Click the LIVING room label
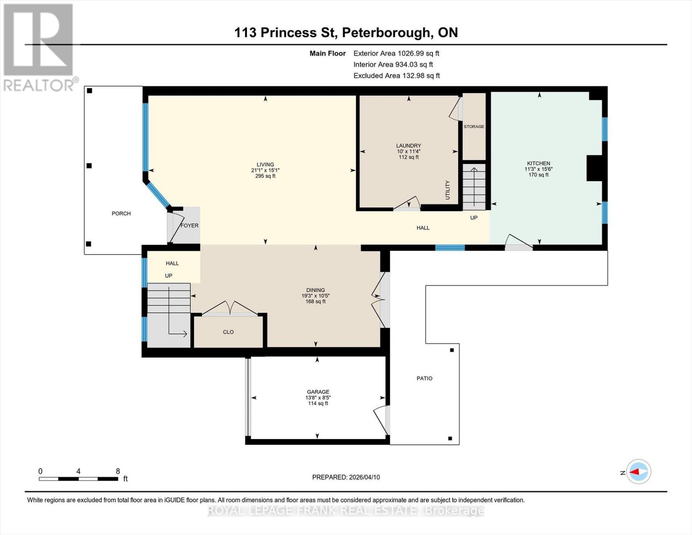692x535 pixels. [265, 165]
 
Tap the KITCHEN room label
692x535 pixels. [538, 163]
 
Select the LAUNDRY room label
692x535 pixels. [409, 146]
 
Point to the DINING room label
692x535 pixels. [315, 290]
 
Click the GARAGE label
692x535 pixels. [318, 392]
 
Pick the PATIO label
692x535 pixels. [424, 378]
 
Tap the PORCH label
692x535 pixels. [121, 214]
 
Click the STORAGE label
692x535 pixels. [474, 127]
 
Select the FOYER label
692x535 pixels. [189, 226]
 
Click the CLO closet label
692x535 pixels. [228, 332]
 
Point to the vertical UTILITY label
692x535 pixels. [448, 190]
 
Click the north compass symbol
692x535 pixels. [638, 472]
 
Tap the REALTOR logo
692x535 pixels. [39, 47]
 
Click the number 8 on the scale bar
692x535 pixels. [118, 471]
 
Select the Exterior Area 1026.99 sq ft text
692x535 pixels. [396, 53]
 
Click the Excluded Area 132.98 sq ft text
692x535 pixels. [396, 76]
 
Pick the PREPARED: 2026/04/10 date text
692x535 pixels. [346, 477]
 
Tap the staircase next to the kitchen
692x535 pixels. [474, 187]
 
